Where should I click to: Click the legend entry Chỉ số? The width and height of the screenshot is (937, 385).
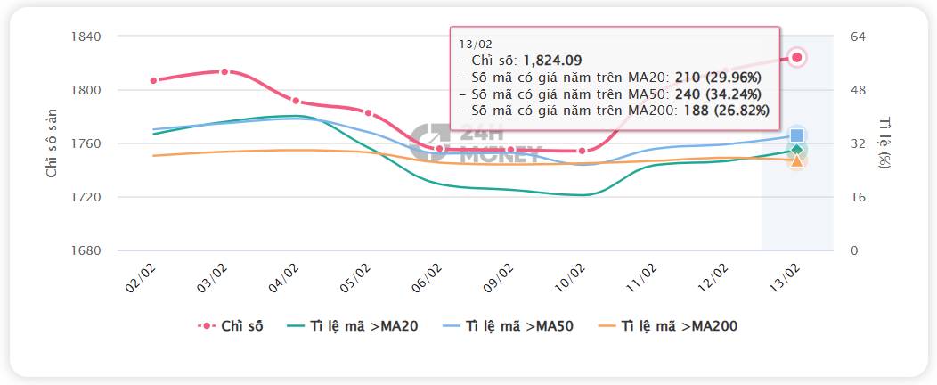tap(230, 326)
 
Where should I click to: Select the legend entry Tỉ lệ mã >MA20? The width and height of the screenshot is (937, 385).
tap(354, 326)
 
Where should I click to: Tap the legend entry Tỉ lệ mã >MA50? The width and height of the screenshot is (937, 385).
tap(509, 326)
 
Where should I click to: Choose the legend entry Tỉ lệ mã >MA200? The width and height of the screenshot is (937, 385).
tap(668, 326)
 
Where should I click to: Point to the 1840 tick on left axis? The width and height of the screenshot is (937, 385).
tap(86, 37)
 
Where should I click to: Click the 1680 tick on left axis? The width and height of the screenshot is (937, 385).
tap(86, 250)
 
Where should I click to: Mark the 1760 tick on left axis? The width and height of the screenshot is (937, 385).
tap(86, 143)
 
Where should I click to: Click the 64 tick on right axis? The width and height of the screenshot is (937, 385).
tap(860, 37)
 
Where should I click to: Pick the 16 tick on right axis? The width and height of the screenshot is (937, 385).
tap(859, 197)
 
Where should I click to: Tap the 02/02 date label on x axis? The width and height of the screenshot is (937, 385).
tap(141, 278)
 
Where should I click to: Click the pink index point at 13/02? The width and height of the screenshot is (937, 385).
tap(797, 57)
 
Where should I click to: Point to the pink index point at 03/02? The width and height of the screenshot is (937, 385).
tap(224, 71)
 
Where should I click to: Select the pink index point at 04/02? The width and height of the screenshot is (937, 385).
tap(296, 101)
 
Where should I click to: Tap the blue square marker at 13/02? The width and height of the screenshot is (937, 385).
tap(797, 136)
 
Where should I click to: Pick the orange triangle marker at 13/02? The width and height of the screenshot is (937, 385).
tap(797, 160)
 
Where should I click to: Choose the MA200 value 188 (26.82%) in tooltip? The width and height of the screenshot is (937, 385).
tap(722, 110)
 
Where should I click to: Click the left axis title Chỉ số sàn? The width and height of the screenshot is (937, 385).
tap(52, 143)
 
